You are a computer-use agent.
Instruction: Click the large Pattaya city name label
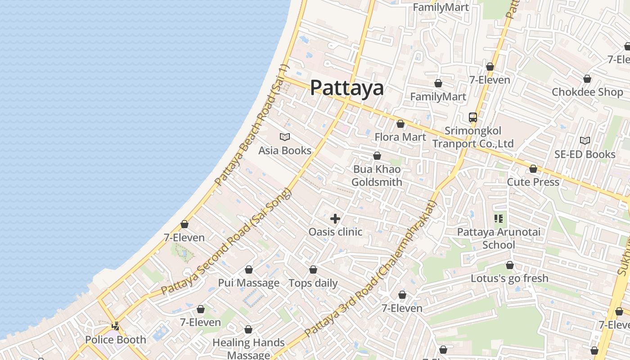(347, 88)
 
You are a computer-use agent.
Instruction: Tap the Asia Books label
(285, 150)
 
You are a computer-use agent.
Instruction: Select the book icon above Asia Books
(285, 137)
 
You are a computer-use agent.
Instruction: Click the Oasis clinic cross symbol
(335, 219)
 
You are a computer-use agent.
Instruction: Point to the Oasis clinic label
(335, 232)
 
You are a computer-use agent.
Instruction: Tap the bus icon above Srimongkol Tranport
(473, 117)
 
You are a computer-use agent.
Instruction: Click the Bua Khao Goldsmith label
(377, 175)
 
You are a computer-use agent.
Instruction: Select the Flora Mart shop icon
(400, 124)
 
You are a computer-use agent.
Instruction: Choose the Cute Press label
(533, 182)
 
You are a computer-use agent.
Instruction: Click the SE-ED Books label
(585, 154)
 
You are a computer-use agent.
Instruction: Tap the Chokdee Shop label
(587, 92)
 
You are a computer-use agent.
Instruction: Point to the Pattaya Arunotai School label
(499, 238)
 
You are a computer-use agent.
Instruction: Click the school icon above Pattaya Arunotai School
(498, 219)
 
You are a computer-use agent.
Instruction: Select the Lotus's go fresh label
(509, 278)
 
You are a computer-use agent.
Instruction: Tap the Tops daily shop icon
(313, 270)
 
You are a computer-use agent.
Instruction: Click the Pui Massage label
(249, 283)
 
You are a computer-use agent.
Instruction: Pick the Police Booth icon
(116, 326)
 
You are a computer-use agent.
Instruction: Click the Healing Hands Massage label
(248, 349)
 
